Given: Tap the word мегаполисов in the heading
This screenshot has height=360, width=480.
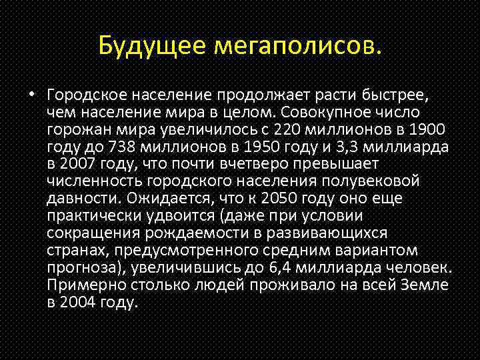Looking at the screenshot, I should (296, 46).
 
